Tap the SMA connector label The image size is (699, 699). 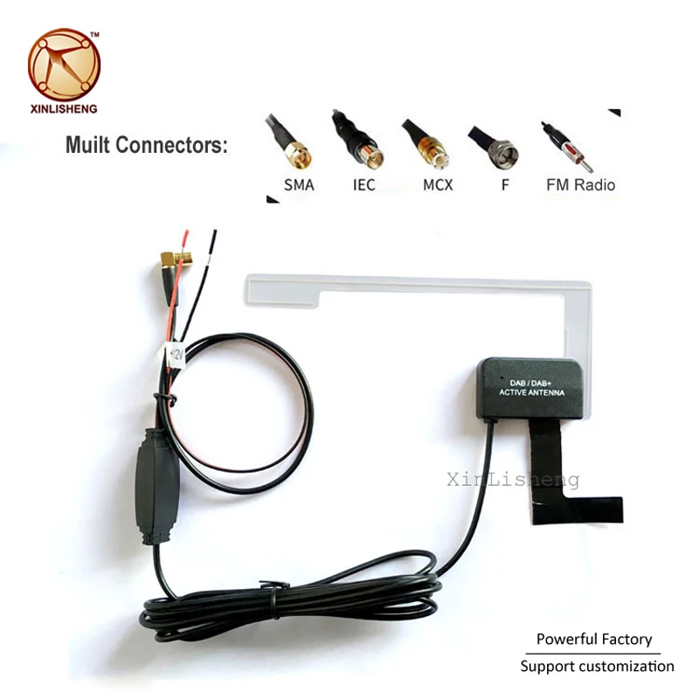coord(299,185)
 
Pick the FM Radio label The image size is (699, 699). coord(580,185)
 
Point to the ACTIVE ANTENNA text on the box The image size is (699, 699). coord(531,394)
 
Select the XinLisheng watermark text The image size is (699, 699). coord(513,479)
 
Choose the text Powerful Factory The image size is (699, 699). coord(594,640)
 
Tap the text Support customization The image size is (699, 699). coord(598,667)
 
